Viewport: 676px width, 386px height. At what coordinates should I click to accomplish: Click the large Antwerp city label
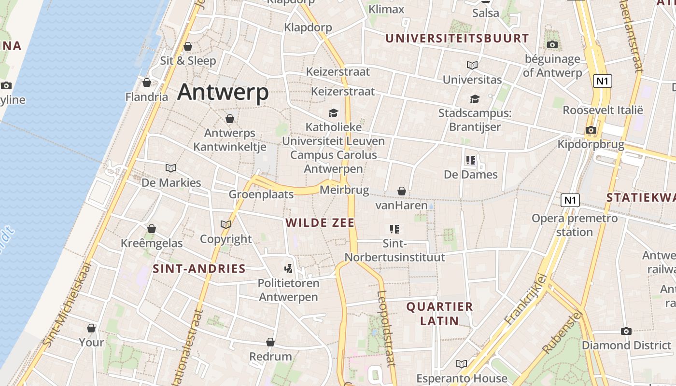(x=223, y=92)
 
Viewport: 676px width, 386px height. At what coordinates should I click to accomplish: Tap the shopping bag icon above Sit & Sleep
(x=188, y=46)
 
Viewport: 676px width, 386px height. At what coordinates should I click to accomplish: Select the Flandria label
(x=147, y=97)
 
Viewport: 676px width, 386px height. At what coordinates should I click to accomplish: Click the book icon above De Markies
(x=171, y=168)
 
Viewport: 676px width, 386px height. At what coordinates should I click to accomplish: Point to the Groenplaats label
(x=261, y=194)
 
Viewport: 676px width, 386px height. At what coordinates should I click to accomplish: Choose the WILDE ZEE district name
(x=320, y=223)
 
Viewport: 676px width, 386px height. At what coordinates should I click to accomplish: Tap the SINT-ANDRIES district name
(x=199, y=269)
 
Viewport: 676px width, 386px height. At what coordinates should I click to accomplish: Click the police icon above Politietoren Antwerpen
(x=288, y=268)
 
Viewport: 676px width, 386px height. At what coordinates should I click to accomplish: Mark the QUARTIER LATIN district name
(x=439, y=313)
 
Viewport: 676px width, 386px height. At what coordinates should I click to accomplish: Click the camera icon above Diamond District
(x=626, y=331)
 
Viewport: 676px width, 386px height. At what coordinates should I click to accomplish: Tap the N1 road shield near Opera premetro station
(x=570, y=200)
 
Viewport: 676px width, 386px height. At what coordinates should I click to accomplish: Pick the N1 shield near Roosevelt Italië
(x=602, y=81)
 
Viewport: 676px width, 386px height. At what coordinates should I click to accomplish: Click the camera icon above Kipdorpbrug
(x=591, y=130)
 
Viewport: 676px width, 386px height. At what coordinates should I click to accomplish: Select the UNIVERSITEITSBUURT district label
(x=457, y=38)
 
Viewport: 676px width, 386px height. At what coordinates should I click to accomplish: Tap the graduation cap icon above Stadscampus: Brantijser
(x=475, y=99)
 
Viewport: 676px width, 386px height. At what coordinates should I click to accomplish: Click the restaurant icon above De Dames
(x=471, y=160)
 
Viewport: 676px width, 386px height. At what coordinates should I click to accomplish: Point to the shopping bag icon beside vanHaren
(x=401, y=192)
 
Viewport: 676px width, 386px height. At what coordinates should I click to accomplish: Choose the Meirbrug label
(x=344, y=190)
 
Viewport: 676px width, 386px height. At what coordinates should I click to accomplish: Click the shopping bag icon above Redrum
(x=270, y=342)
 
